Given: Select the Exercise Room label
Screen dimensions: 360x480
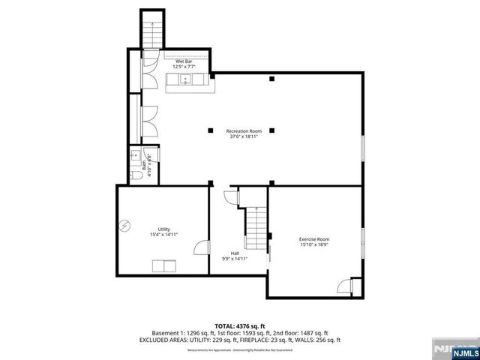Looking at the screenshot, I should tap(314, 239).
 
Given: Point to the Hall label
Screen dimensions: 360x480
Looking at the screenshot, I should tap(235, 253).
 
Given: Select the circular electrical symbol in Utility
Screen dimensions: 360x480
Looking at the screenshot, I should tap(126, 224).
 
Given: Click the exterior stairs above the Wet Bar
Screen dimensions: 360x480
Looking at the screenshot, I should tap(151, 33).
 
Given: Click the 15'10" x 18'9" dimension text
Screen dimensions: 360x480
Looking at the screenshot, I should tap(314, 245).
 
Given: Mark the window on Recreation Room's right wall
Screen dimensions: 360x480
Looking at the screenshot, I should tap(363, 147).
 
